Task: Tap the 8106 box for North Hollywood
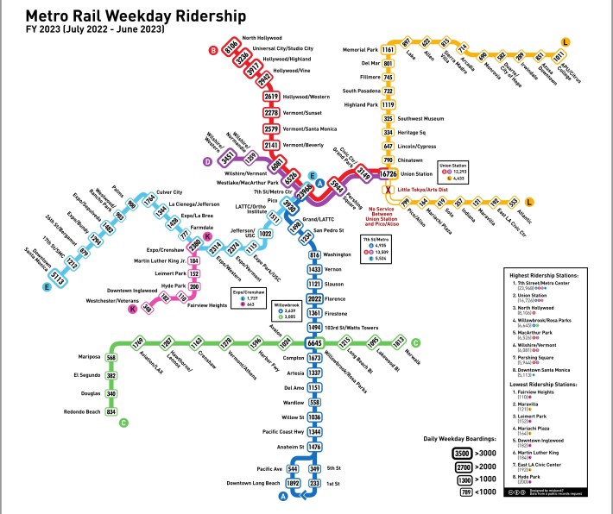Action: point(231,50)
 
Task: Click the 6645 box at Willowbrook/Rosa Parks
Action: point(315,342)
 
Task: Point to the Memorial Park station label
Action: point(360,50)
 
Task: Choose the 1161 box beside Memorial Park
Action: point(389,50)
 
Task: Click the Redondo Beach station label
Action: point(79,411)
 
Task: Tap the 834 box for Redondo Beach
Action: point(111,411)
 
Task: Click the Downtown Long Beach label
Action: point(253,483)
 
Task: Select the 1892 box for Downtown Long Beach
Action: point(293,483)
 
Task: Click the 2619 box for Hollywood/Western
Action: point(271,97)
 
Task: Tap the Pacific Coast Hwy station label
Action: point(263,431)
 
